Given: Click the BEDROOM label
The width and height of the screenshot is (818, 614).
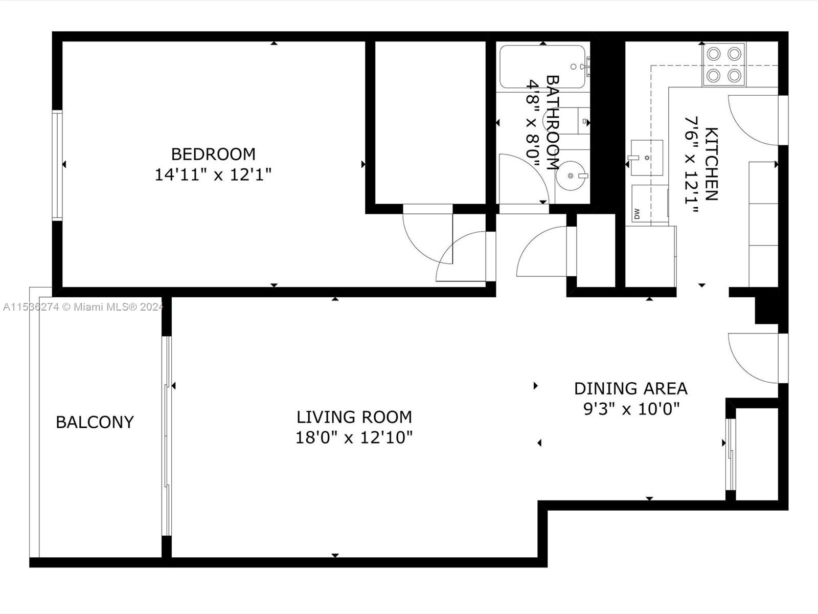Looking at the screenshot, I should coord(213,154).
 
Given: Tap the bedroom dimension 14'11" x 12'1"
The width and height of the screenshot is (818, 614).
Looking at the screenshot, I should coord(213,175).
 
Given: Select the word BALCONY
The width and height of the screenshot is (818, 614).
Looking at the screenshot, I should coord(95,422).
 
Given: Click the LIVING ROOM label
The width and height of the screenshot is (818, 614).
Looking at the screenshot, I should coord(354,417).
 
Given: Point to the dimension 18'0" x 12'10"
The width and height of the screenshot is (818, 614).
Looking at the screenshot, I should coord(354,438).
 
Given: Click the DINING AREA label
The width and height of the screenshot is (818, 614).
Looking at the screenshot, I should coord(630,389).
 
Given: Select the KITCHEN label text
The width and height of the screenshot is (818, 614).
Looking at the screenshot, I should coord(712,164).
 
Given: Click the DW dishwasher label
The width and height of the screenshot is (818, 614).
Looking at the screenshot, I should coord(637,214).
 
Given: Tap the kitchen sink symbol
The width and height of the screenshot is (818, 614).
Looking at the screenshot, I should coord(647,151).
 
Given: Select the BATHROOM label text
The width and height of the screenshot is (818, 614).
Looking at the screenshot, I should coord(553,123).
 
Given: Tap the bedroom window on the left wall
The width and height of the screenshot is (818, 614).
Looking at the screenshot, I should coord(57,165).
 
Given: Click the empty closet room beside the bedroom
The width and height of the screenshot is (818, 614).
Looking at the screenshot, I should coord(430,123).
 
